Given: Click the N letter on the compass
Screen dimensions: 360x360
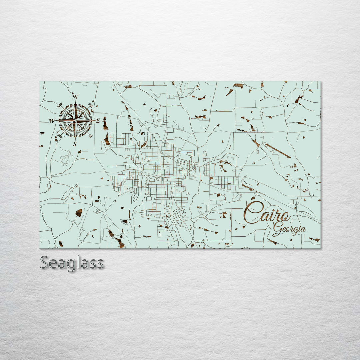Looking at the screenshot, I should pyautogui.click(x=76, y=97).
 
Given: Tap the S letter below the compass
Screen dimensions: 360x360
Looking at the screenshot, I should pyautogui.click(x=75, y=144).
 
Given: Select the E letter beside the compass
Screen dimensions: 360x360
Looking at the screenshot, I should pyautogui.click(x=98, y=121).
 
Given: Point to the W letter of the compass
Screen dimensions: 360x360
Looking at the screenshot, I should pyautogui.click(x=52, y=121).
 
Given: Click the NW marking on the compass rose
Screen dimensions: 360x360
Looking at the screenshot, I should pyautogui.click(x=60, y=106).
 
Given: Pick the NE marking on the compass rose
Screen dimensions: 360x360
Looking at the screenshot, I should pyautogui.click(x=90, y=105).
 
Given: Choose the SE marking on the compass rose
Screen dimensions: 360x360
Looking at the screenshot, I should pyautogui.click(x=90, y=136).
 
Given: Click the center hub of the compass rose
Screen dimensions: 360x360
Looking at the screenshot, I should pyautogui.click(x=75, y=120).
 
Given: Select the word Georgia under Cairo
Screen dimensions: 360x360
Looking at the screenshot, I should pyautogui.click(x=289, y=230).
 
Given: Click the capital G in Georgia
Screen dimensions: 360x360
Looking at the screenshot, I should pyautogui.click(x=277, y=229).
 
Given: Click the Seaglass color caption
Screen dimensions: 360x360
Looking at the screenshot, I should pyautogui.click(x=72, y=263).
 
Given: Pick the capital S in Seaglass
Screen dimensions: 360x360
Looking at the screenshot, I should pyautogui.click(x=45, y=263).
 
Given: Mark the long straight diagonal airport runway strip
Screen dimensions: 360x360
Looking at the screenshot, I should pyautogui.click(x=278, y=151).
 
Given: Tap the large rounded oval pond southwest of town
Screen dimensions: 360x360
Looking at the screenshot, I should pyautogui.click(x=79, y=213).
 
